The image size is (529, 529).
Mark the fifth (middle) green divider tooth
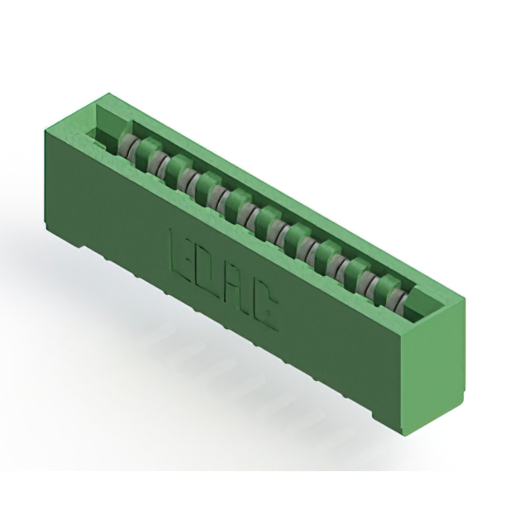pyautogui.click(x=237, y=199)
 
